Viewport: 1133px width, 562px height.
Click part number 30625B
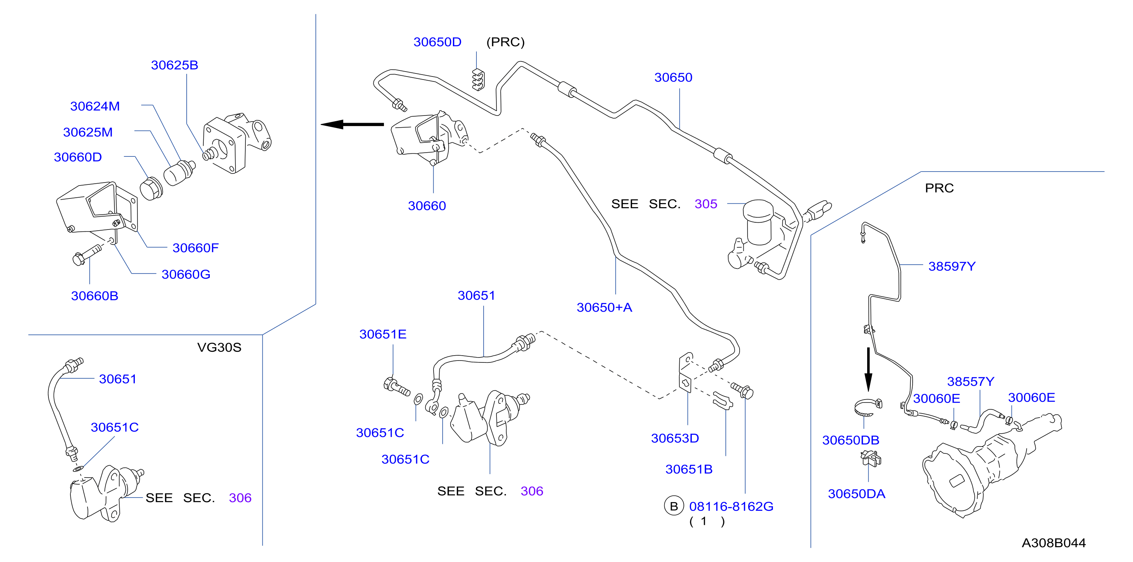coord(175,65)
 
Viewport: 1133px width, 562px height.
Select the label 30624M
coord(95,106)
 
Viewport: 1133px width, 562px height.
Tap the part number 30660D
coord(78,157)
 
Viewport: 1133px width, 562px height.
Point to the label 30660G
coord(186,275)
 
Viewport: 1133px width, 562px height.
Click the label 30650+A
coord(604,308)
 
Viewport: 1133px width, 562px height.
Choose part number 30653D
coord(675,438)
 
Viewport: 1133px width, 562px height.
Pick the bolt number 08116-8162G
coord(731,507)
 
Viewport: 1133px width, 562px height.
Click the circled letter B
coord(674,507)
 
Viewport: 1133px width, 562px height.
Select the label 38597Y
coord(952,266)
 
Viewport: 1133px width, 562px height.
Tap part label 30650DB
coord(851,440)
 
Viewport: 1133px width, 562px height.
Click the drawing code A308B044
coord(1053,543)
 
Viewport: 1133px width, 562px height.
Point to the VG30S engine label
coord(219,347)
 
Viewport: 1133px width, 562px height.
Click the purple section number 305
coord(706,204)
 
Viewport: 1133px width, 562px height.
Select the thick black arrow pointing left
coord(352,125)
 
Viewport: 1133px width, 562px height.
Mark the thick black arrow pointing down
coord(868,369)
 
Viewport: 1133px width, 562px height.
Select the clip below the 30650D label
coord(478,80)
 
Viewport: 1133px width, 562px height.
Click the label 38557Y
coord(971,381)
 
